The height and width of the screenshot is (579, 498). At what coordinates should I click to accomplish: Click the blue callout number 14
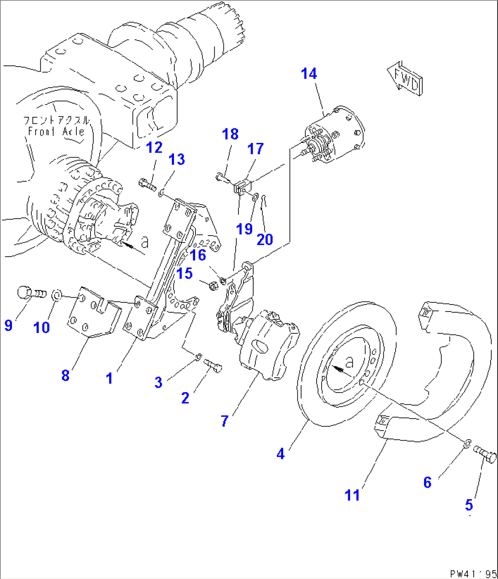[x=309, y=74]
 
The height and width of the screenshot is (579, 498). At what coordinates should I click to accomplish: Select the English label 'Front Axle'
[x=56, y=132]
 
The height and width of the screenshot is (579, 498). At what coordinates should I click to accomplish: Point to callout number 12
[x=154, y=147]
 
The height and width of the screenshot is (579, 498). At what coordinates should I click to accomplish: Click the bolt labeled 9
[x=31, y=292]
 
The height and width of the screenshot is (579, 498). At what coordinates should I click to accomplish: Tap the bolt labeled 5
[x=485, y=453]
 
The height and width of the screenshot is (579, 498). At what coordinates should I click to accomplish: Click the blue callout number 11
[x=352, y=495]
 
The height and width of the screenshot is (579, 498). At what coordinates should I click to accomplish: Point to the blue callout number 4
[x=281, y=453]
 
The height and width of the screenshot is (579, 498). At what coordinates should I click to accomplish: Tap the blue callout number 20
[x=265, y=239]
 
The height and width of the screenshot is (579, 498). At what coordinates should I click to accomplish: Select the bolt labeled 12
[x=146, y=184]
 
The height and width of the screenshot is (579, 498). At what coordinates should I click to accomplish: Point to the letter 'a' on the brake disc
[x=350, y=363]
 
